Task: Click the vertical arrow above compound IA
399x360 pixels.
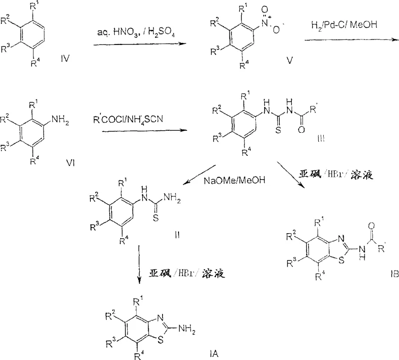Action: click(x=138, y=272)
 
